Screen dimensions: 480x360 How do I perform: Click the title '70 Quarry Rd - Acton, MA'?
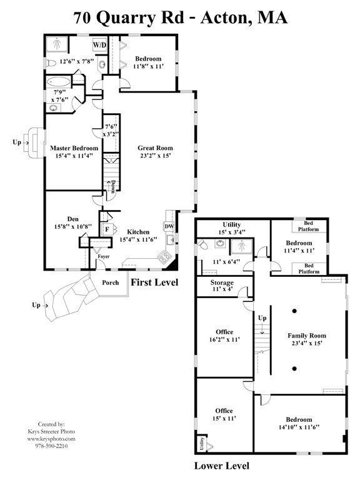pos(181,17)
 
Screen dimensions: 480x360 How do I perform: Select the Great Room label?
pos(154,148)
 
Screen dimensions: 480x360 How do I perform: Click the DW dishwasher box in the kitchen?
pos(169,226)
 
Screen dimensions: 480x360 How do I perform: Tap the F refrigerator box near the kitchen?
pos(107,229)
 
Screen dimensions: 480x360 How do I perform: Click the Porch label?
pos(110,282)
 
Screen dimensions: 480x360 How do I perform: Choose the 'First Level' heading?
pos(154,282)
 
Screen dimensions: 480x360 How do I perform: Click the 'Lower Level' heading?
pos(221,465)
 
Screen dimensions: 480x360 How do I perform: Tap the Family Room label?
pos(307,336)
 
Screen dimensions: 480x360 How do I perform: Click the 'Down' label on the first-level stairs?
pos(112,187)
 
